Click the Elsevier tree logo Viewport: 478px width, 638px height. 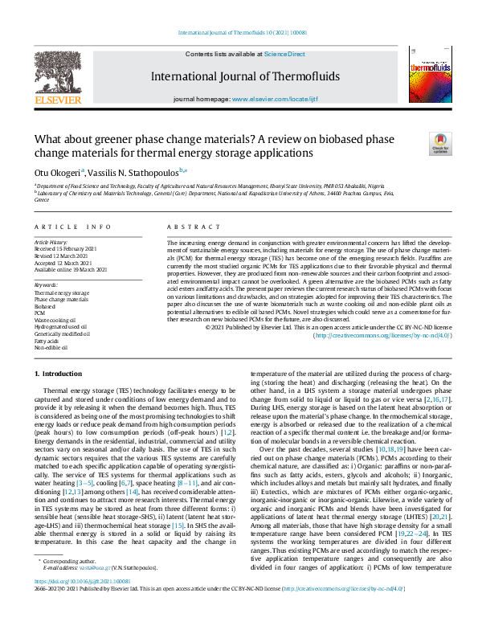(x=57, y=76)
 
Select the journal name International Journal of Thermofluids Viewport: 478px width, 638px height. (x=239, y=77)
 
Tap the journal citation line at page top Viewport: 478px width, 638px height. (x=239, y=33)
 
